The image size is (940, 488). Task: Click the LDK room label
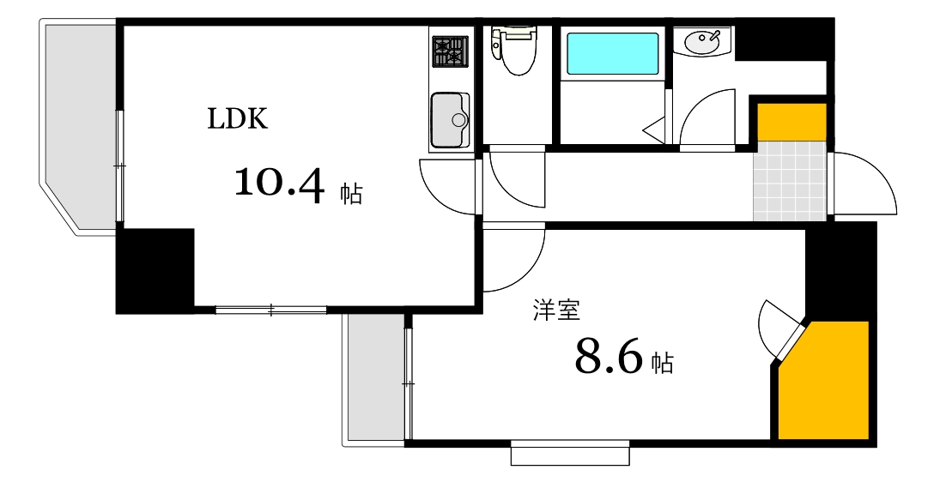tap(238, 118)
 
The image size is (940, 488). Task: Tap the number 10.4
tap(279, 184)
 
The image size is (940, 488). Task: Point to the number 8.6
tap(609, 358)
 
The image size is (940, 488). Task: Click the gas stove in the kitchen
tap(451, 51)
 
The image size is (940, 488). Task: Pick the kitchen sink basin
tap(450, 120)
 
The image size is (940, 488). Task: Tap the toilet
tap(514, 51)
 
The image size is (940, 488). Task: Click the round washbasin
tap(703, 41)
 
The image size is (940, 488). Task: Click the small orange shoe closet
tap(791, 121)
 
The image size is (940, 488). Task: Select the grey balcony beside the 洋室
tap(374, 377)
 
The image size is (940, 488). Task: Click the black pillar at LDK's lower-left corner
tap(155, 269)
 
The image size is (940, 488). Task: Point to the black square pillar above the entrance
tap(784, 39)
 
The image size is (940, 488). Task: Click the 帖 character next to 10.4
tap(351, 194)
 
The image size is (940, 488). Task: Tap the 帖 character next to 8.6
tap(661, 363)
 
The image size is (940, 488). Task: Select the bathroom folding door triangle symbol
tap(654, 131)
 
